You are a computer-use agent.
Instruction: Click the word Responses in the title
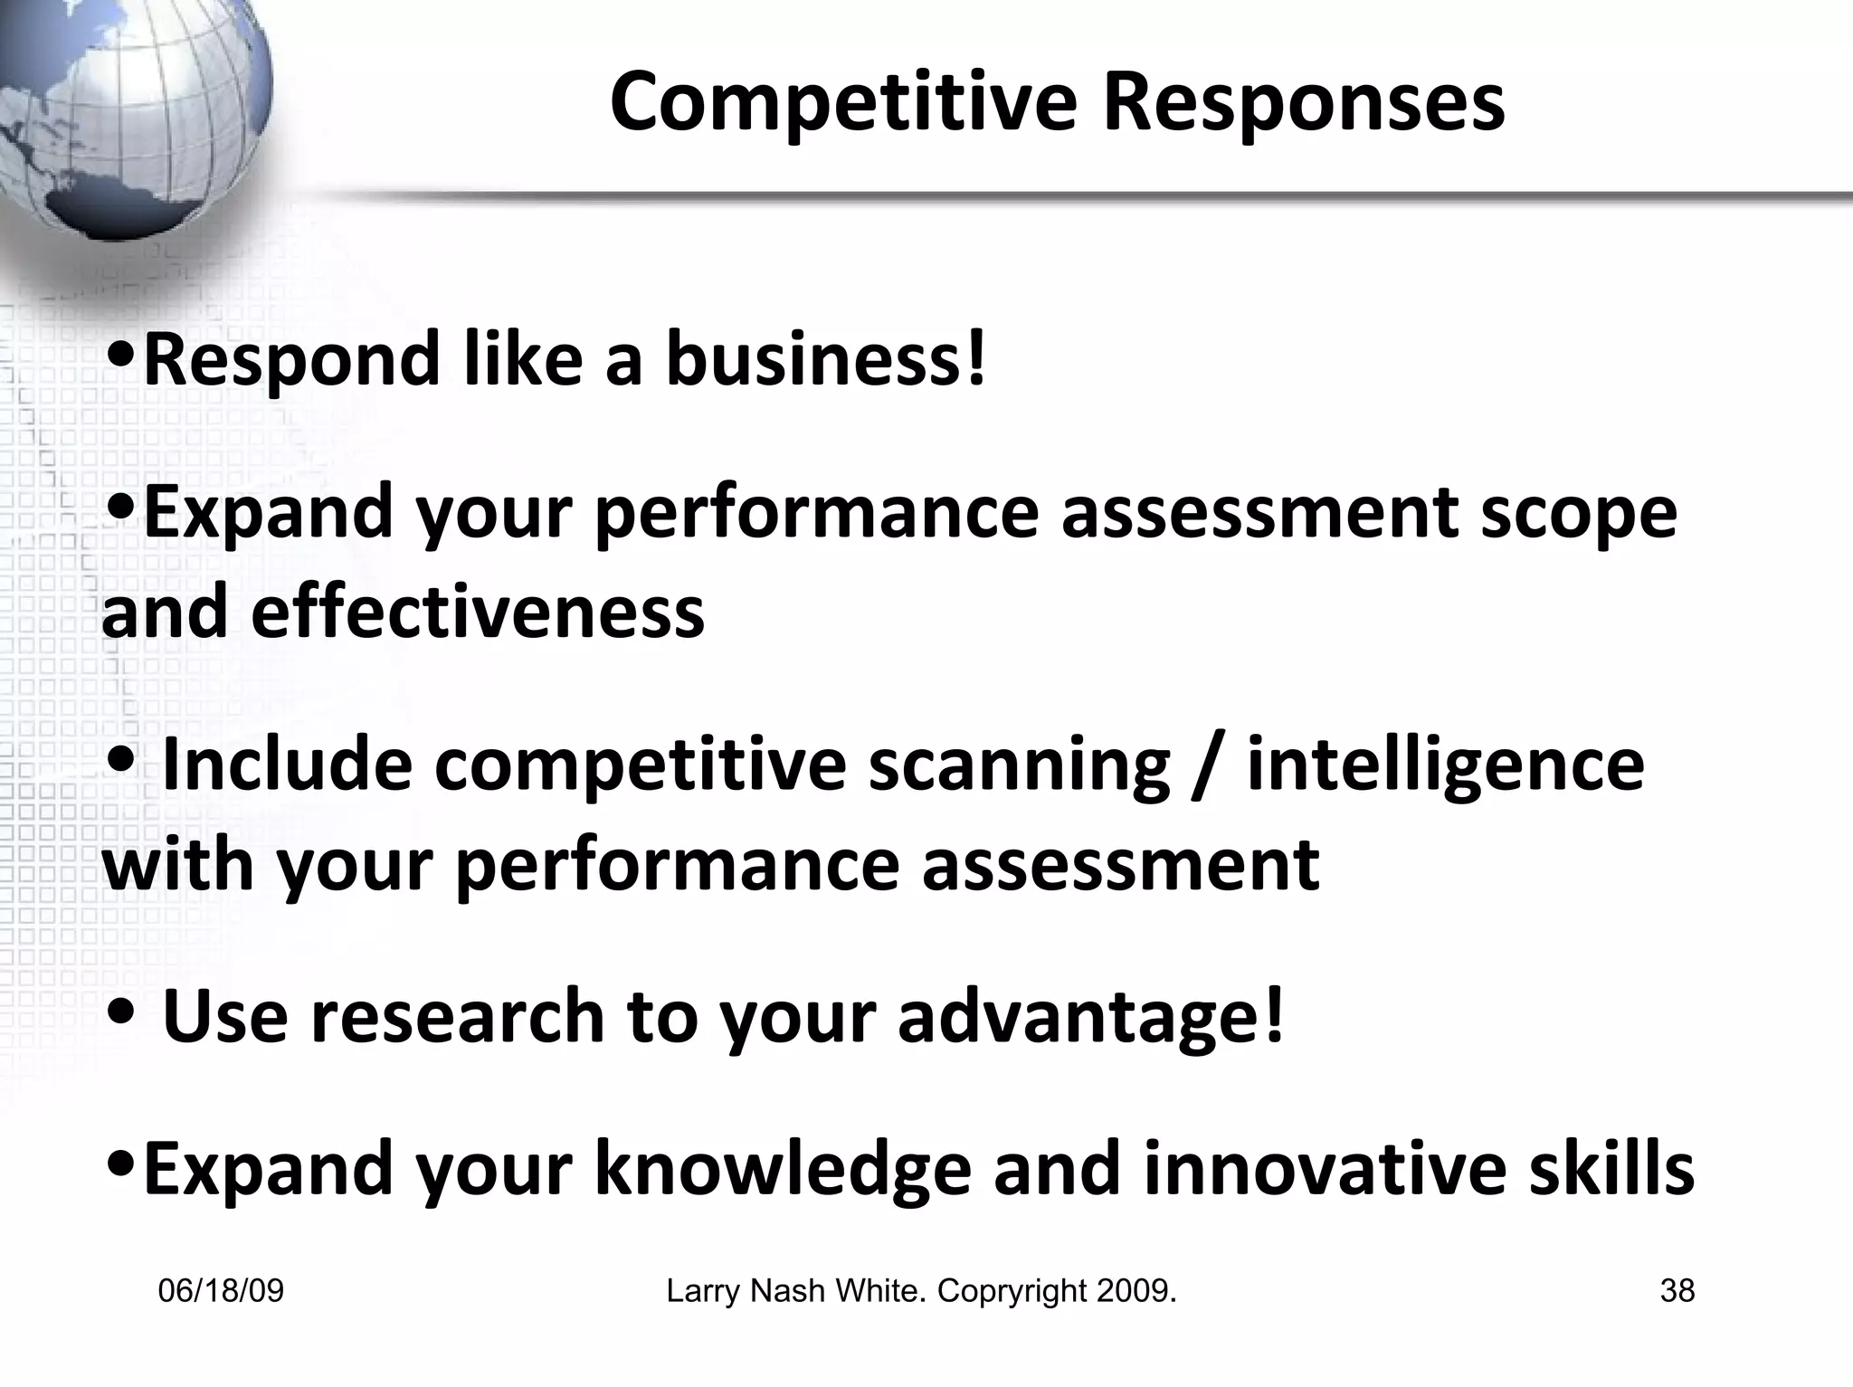click(1303, 102)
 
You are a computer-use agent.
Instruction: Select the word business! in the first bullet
click(825, 359)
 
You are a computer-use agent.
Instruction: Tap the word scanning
click(1019, 765)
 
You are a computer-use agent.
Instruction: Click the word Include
click(288, 765)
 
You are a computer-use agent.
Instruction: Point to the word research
click(458, 1016)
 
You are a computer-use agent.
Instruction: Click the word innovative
click(1324, 1167)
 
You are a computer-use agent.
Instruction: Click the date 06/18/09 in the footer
click(221, 1291)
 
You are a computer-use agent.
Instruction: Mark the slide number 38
click(1677, 1291)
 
